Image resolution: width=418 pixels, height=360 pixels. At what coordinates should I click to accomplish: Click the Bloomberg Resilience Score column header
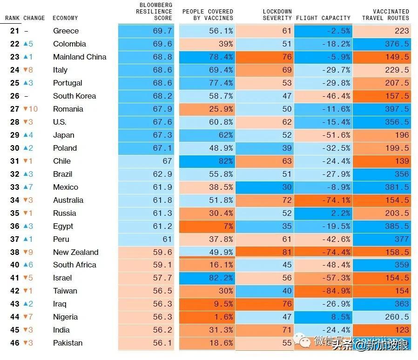[155, 12]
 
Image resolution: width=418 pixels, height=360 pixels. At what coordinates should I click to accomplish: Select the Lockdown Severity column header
[277, 14]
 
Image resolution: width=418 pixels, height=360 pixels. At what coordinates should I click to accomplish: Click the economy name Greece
[66, 31]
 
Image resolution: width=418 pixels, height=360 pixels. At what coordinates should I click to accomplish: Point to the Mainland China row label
[80, 57]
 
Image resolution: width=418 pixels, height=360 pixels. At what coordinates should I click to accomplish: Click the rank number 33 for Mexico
[15, 187]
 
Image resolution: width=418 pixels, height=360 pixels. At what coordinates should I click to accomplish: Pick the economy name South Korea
[74, 96]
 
